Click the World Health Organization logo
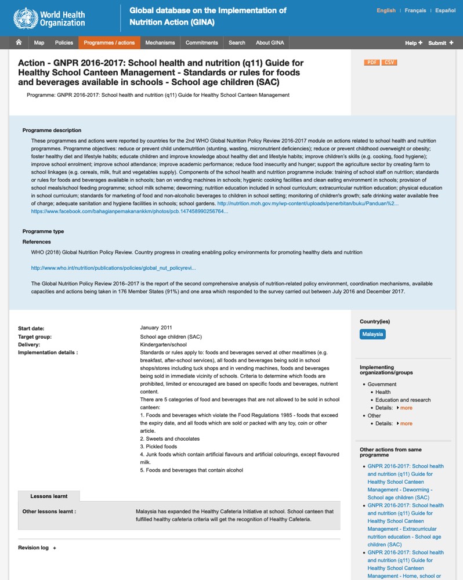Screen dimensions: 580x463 (49, 18)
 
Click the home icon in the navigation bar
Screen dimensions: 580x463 (19, 43)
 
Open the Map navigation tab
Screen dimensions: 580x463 (39, 43)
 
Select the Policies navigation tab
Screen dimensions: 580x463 (64, 43)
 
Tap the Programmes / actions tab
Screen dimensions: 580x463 (109, 43)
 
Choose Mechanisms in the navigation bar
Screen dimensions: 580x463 (160, 43)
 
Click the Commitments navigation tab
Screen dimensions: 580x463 (201, 43)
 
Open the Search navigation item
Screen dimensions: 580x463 (237, 43)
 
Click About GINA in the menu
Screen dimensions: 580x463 (270, 43)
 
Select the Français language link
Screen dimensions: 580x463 (415, 10)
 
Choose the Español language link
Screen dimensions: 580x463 (445, 10)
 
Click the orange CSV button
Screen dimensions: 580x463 (389, 62)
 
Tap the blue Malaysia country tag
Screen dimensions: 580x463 (372, 334)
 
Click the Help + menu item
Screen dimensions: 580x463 (414, 43)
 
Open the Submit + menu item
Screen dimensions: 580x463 (441, 43)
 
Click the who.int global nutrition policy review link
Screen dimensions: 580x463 (113, 268)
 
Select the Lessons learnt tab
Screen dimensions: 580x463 (49, 496)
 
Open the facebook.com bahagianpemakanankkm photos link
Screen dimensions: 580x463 (129, 212)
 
